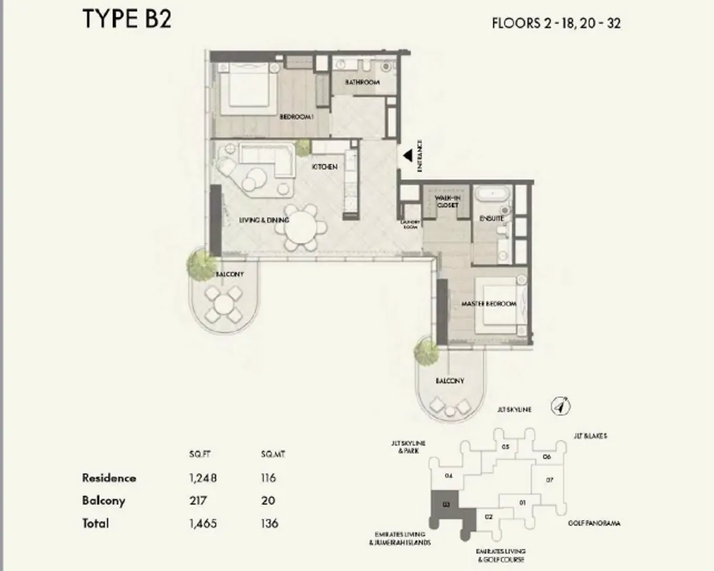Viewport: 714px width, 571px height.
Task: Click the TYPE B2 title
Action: click(127, 19)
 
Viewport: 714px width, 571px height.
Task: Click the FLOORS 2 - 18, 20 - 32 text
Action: click(557, 22)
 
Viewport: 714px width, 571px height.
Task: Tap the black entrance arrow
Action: click(406, 155)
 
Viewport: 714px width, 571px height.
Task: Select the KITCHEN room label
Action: click(324, 167)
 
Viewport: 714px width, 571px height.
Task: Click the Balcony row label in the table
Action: click(104, 501)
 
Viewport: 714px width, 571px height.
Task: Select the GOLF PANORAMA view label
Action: click(594, 523)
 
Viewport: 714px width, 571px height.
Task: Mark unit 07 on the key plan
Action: click(549, 480)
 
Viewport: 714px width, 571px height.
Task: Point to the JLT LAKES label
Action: click(590, 435)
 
